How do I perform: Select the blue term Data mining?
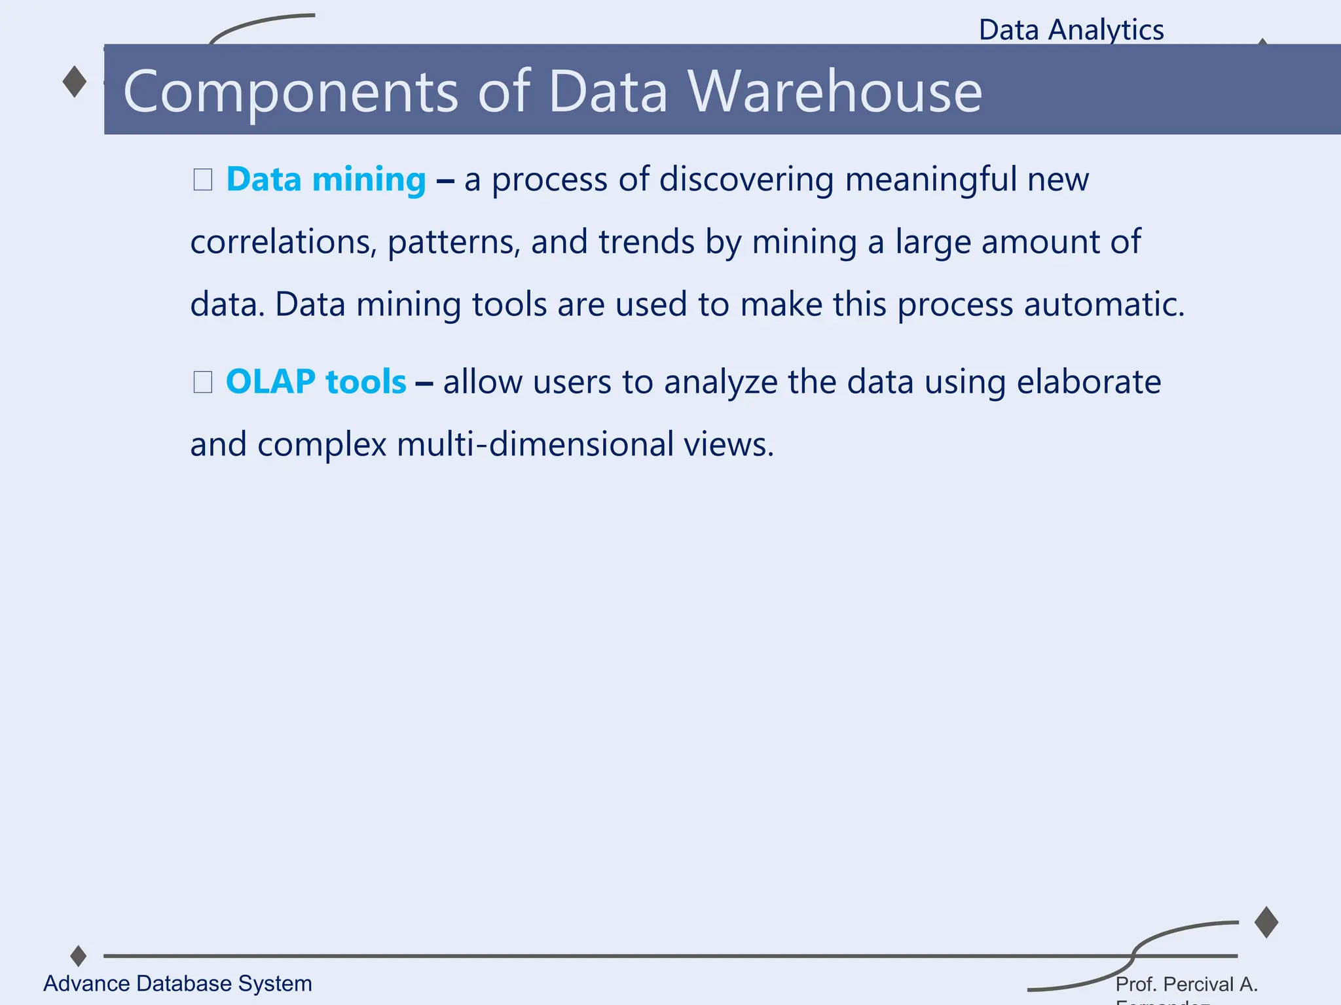tap(326, 179)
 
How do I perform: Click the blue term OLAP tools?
tap(316, 381)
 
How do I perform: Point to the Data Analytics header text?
tap(1071, 30)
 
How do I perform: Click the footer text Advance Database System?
tap(177, 983)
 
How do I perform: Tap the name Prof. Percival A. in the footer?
tap(1186, 984)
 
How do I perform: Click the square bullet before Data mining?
tap(203, 179)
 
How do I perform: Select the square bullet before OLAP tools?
tap(203, 381)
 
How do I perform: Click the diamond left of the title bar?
tap(75, 82)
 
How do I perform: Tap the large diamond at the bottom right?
tap(1266, 922)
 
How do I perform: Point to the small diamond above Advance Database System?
tap(79, 955)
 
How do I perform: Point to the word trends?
tap(646, 242)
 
